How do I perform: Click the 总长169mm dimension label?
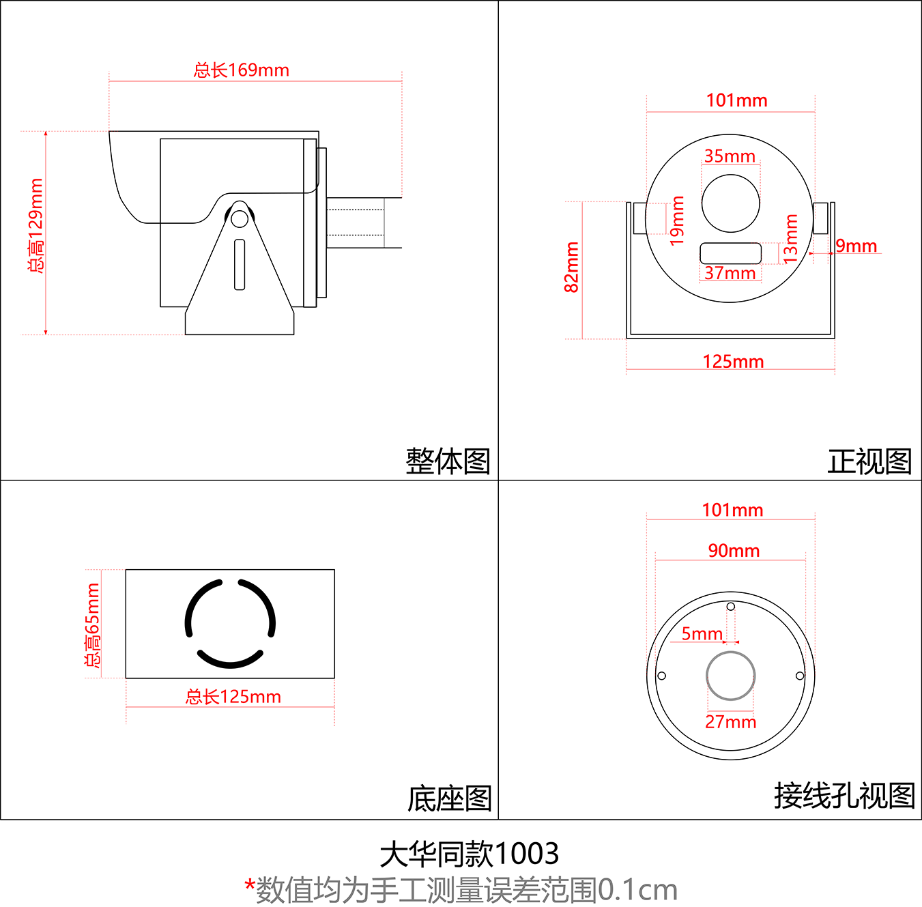(x=242, y=70)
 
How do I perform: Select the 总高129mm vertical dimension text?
(x=35, y=226)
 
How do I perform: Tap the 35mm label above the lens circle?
(x=730, y=156)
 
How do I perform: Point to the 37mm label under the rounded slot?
(x=730, y=274)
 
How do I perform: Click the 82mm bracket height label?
(x=572, y=267)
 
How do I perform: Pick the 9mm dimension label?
(x=856, y=246)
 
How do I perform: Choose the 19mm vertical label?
(x=676, y=220)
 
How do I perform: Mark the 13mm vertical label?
(x=790, y=238)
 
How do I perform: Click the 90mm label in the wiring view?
(x=734, y=551)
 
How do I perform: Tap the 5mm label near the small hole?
(x=702, y=634)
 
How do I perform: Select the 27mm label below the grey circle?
(x=730, y=722)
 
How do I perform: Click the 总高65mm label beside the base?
(x=92, y=624)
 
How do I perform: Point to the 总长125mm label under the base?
(x=233, y=697)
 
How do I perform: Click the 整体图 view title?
(x=448, y=461)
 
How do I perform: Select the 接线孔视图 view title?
(x=844, y=796)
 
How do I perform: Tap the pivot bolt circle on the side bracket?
(x=240, y=218)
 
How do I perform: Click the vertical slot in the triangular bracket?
(x=240, y=264)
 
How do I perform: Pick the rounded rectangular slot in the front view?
(x=730, y=253)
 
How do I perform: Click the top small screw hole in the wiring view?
(x=730, y=607)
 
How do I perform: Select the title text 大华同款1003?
(x=470, y=854)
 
